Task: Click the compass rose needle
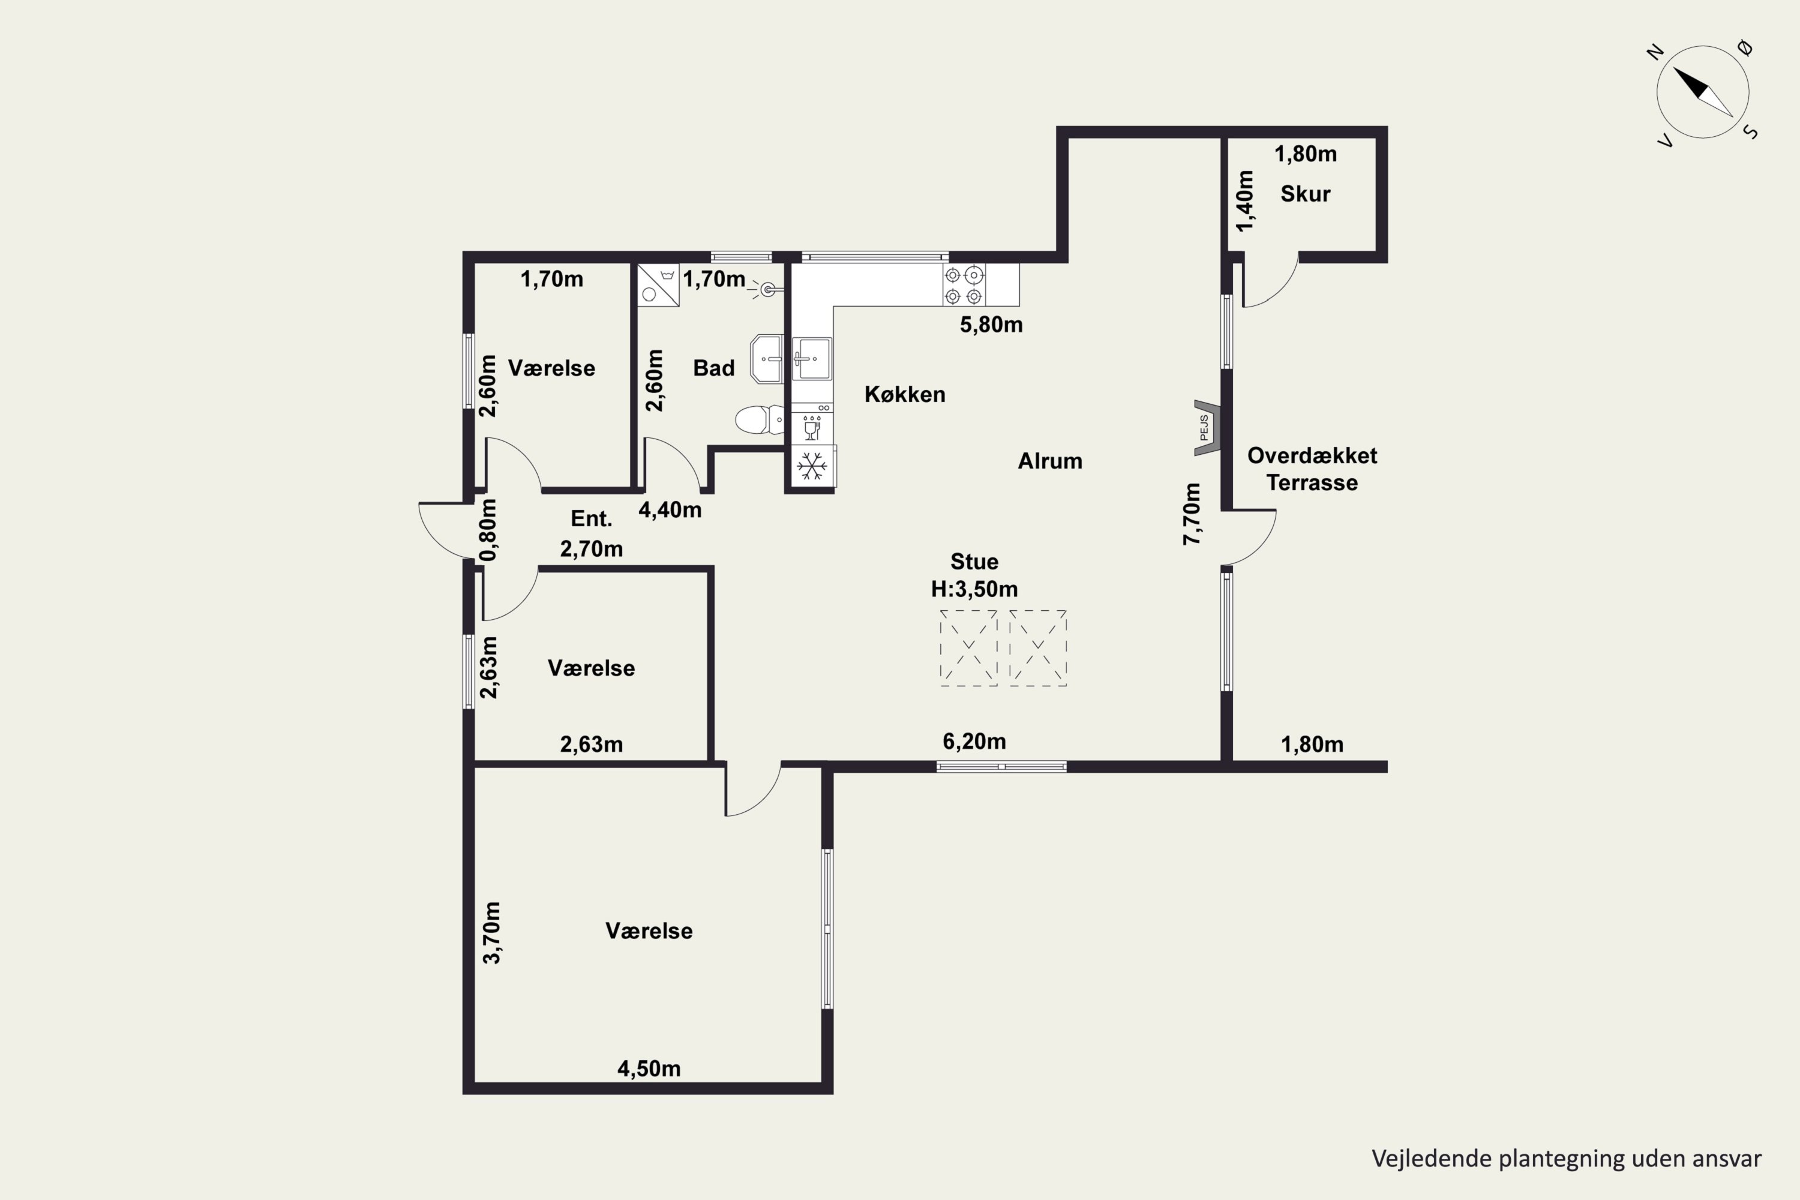coord(1702,92)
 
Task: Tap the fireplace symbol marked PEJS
coord(1206,428)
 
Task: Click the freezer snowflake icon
coord(812,466)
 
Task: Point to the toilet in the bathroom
coord(759,419)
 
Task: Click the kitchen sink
coord(811,359)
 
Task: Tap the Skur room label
coord(1305,194)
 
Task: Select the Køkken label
coord(905,394)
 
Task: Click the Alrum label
coord(1050,461)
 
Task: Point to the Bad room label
coord(713,368)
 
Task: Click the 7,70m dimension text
coord(1192,514)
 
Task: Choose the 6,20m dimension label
coord(974,741)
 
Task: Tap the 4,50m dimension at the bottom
coord(649,1069)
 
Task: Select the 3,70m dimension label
coord(491,932)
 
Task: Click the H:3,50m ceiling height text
coord(974,589)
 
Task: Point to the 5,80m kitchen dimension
coord(991,325)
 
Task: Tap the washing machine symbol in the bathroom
coord(658,286)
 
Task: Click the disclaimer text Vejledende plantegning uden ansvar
coord(1566,1159)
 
